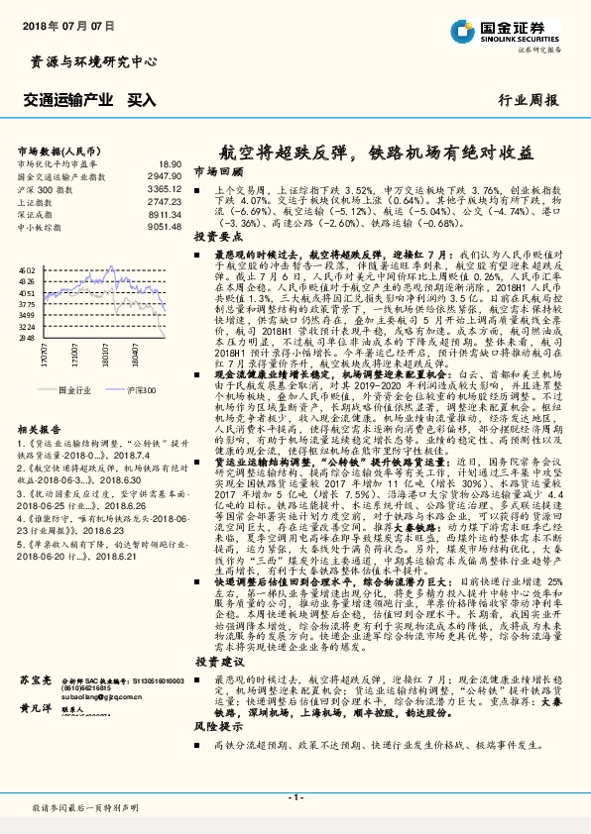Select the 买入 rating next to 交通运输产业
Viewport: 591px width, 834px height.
142,99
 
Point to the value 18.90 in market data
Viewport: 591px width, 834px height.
171,163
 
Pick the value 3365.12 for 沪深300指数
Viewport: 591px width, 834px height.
165,187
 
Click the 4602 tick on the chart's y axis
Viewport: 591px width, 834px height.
27,268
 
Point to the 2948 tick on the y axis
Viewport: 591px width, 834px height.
27,338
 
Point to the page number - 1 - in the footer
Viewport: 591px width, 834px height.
295,797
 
